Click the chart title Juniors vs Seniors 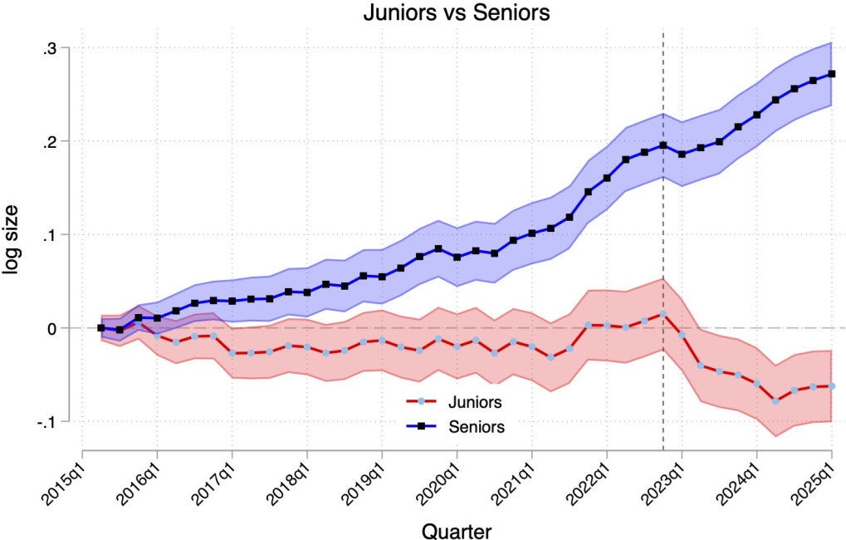[457, 13]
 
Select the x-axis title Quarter [456, 530]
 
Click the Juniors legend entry [474, 402]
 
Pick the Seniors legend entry [476, 426]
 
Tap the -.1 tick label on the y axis [46, 422]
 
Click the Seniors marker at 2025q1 [832, 74]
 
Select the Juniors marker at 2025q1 [832, 386]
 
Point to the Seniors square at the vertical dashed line [663, 145]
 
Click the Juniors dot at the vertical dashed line [663, 314]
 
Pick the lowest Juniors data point [776, 401]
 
